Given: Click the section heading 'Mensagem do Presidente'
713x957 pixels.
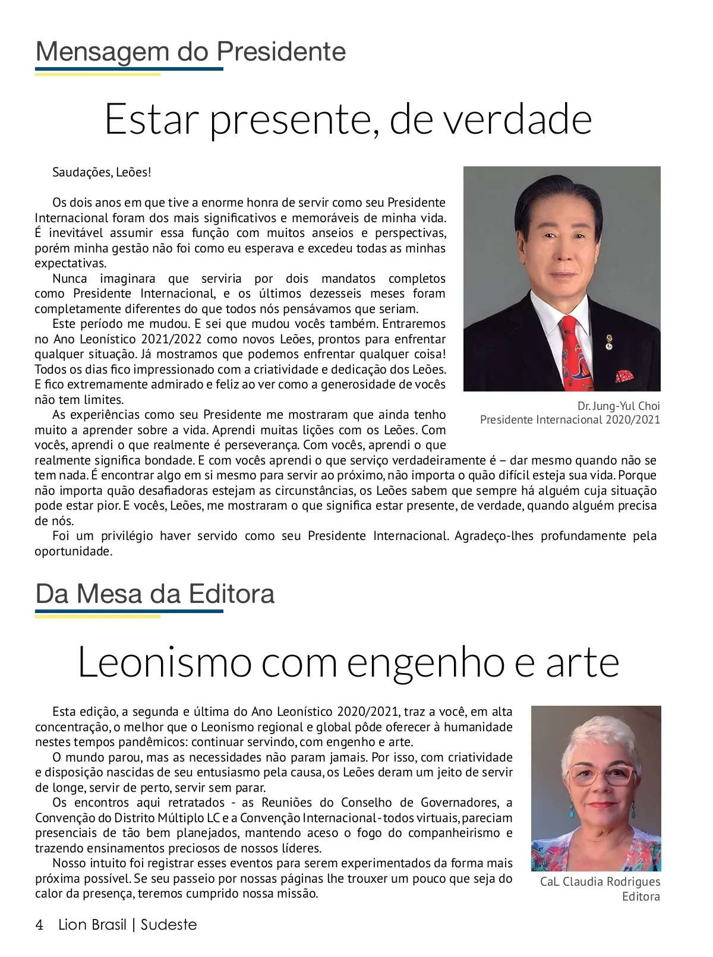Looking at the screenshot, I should tap(190, 52).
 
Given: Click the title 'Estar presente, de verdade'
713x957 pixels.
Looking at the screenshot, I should tap(348, 119).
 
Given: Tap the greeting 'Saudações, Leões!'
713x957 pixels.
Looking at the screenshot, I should tap(102, 172).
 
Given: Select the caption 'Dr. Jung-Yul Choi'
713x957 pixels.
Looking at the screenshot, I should tap(618, 406).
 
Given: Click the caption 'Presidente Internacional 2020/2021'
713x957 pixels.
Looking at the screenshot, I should tap(570, 420).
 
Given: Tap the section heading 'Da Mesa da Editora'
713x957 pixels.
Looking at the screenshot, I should tap(154, 594).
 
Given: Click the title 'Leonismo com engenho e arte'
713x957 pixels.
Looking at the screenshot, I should tap(348, 662).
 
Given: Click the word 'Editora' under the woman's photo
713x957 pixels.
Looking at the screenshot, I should tap(641, 896).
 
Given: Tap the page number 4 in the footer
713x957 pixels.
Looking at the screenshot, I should tap(39, 925).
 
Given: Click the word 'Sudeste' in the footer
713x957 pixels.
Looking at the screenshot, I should tap(169, 925).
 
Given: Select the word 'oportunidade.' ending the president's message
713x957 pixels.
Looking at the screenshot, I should tap(74, 551).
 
